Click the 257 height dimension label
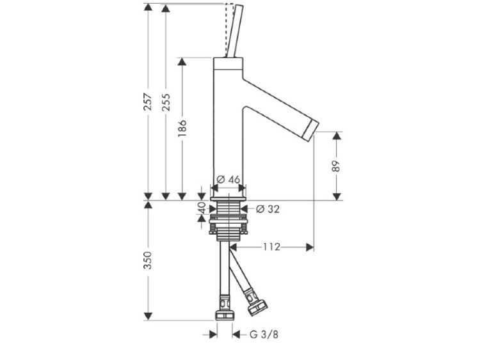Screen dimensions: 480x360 pos(148,102)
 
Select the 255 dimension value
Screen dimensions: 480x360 pos(166,102)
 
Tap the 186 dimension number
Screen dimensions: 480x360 pos(182,128)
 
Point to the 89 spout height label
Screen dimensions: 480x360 pos(337,166)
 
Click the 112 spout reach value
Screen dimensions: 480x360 pos(272,247)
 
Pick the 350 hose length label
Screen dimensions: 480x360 pos(148,260)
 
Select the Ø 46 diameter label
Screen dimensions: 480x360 pos(228,179)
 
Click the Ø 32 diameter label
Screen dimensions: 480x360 pos(268,209)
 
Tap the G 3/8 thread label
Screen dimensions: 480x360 pos(264,334)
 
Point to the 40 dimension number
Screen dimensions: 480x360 pos(202,208)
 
